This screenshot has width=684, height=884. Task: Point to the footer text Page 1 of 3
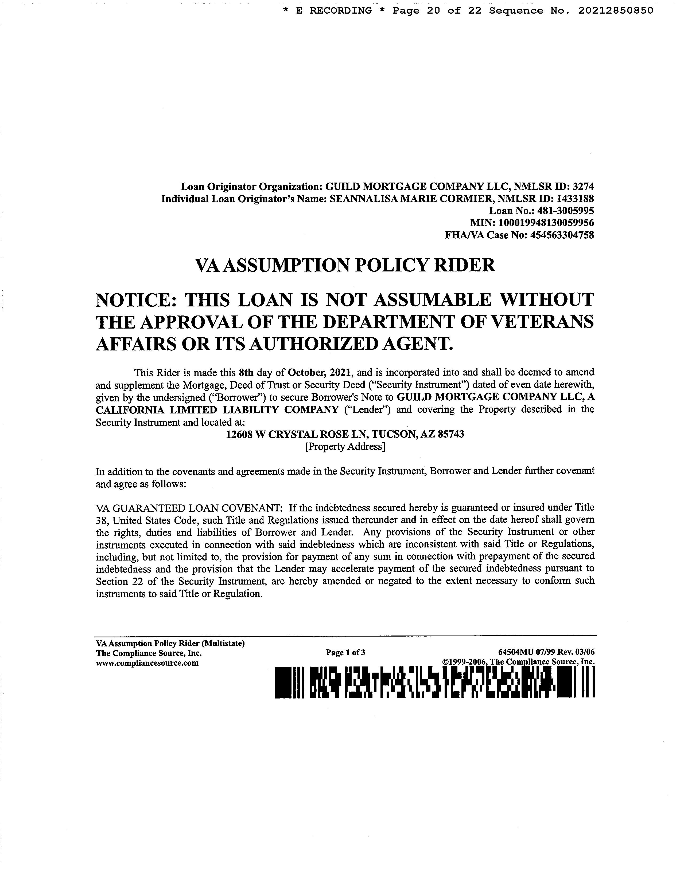tap(346, 653)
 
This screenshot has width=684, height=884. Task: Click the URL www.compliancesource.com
tap(147, 663)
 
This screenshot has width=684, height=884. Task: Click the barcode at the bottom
tap(434, 683)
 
